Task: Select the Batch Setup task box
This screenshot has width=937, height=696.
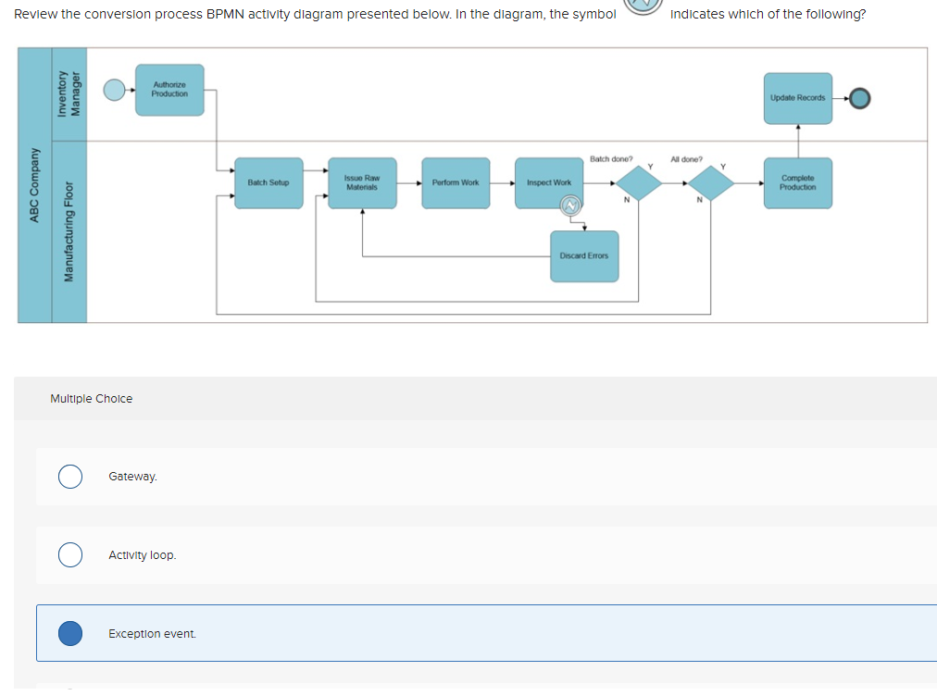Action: (269, 182)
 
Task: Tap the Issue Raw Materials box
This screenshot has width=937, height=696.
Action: (362, 182)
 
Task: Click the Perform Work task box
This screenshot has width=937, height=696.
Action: (456, 182)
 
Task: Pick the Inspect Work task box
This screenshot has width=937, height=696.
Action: (549, 182)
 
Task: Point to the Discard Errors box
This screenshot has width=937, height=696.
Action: (584, 255)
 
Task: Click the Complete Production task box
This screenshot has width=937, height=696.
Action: (798, 182)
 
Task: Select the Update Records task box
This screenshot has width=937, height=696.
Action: (798, 97)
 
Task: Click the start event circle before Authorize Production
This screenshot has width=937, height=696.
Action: (114, 90)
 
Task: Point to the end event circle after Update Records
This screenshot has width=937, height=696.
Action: (860, 97)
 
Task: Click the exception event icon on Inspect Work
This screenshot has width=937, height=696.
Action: (571, 205)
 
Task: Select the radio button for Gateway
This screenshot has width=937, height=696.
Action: (69, 476)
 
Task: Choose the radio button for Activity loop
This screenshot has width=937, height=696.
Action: (69, 554)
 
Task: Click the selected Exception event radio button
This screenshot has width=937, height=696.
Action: (69, 633)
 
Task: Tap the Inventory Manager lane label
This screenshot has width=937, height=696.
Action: (69, 93)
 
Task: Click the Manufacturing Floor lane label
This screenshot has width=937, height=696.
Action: (69, 231)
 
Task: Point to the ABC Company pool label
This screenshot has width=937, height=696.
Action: (34, 185)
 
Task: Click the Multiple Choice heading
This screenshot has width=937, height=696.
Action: (91, 399)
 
